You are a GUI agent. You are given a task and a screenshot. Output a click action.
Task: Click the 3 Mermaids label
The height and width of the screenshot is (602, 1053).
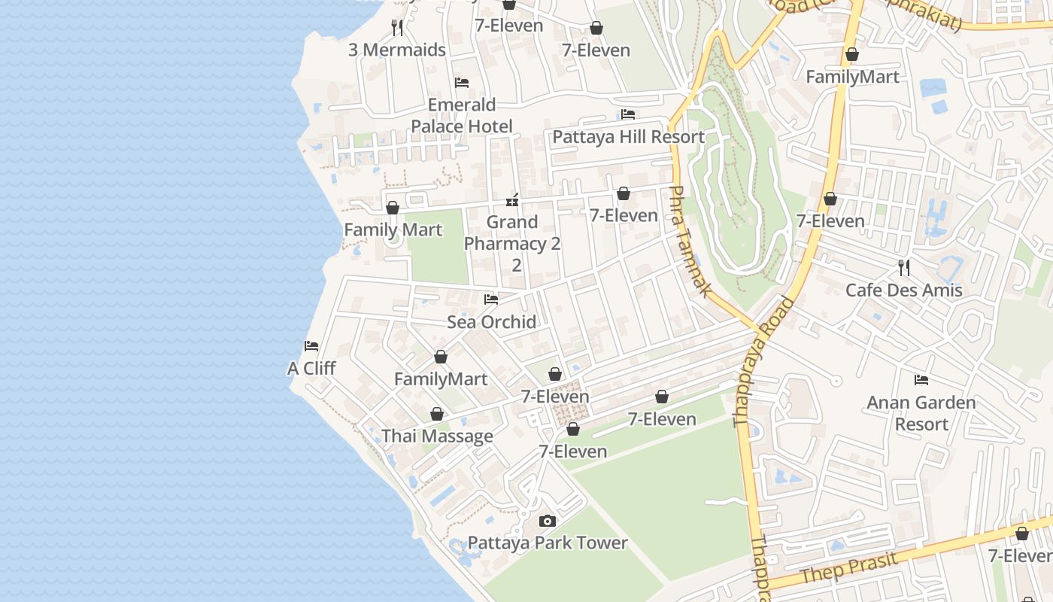397,50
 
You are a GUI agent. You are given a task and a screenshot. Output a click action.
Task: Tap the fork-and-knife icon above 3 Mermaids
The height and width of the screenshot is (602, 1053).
397,28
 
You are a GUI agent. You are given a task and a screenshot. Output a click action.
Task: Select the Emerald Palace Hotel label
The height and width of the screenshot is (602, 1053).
462,115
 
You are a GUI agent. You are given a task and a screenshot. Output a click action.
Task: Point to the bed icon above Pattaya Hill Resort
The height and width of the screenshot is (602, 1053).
628,114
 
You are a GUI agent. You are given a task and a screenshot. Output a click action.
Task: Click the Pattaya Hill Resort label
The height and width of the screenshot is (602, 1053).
628,137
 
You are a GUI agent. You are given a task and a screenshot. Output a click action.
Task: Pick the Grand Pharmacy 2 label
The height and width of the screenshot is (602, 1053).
512,233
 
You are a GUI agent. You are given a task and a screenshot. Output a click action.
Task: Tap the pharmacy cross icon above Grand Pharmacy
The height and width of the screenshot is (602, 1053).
512,200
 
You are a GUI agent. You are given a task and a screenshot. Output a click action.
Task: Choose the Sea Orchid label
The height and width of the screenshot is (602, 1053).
491,322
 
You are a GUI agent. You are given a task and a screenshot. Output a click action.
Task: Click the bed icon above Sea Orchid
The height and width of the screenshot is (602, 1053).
491,299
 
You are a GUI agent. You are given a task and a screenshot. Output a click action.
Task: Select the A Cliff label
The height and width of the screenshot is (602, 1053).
311,369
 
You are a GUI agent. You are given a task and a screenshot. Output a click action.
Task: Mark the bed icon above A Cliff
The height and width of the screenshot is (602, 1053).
311,346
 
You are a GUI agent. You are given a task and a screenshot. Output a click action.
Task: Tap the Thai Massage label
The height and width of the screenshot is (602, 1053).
437,436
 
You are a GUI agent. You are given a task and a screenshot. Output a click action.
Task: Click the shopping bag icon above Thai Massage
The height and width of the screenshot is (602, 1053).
437,414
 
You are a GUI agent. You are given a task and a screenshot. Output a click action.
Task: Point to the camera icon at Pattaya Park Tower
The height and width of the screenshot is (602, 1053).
548,521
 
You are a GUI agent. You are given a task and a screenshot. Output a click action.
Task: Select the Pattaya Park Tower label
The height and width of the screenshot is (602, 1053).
548,543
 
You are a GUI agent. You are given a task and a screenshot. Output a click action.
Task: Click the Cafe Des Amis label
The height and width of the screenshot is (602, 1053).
903,290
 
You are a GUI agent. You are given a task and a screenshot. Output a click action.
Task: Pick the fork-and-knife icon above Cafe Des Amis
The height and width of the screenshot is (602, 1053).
903,267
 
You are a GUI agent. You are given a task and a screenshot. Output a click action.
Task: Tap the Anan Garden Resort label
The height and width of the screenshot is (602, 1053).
921,413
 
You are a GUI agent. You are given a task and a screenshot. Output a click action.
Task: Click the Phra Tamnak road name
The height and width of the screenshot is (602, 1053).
690,241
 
